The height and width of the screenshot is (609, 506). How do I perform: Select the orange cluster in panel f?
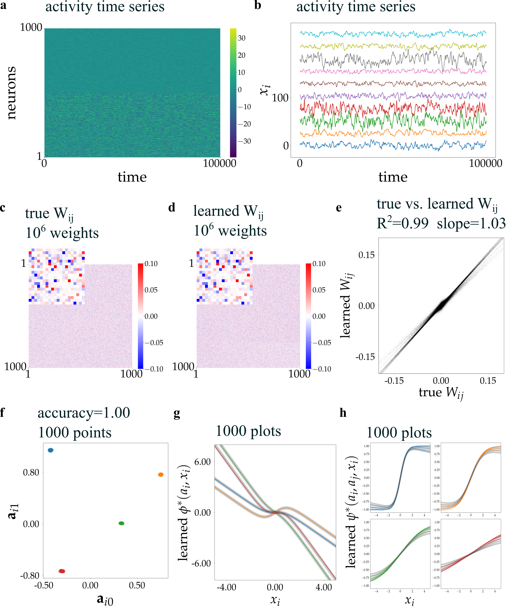161,474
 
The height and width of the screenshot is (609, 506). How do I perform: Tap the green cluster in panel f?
122,523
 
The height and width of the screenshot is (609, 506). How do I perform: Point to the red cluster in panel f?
62,571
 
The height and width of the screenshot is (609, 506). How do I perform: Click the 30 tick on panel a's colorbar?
241,38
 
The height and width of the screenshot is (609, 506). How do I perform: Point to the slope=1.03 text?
471,223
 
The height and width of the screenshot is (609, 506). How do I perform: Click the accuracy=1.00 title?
84,413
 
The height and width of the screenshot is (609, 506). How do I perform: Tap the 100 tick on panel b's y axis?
280,98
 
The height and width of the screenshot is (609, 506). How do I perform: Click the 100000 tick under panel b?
485,163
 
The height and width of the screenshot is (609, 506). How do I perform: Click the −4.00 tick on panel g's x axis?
226,587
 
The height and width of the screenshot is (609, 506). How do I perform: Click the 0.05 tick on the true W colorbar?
151,290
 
